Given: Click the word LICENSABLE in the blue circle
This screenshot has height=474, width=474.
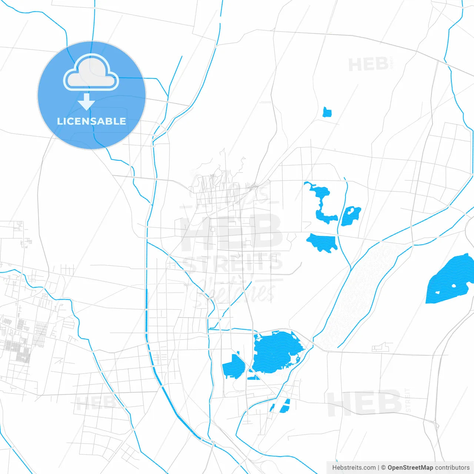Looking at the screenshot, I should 91,121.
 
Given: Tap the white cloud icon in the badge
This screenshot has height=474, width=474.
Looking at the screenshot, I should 91,73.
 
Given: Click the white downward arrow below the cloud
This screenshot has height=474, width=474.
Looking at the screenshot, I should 86,102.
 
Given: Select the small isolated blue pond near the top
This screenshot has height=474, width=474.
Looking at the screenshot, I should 327,112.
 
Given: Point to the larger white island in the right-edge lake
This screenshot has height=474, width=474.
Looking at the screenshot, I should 454,286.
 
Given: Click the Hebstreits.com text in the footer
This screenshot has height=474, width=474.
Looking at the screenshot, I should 354,468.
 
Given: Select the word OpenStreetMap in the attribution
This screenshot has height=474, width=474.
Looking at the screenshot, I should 410,468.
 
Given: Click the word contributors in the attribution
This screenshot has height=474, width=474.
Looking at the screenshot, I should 452,468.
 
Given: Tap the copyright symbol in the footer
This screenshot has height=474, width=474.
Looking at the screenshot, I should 383,468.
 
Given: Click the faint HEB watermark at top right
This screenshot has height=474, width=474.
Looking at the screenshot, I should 368,65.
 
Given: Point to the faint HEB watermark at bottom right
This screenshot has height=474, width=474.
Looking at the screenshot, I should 364,403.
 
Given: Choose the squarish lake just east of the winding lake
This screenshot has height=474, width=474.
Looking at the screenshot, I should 351,216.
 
